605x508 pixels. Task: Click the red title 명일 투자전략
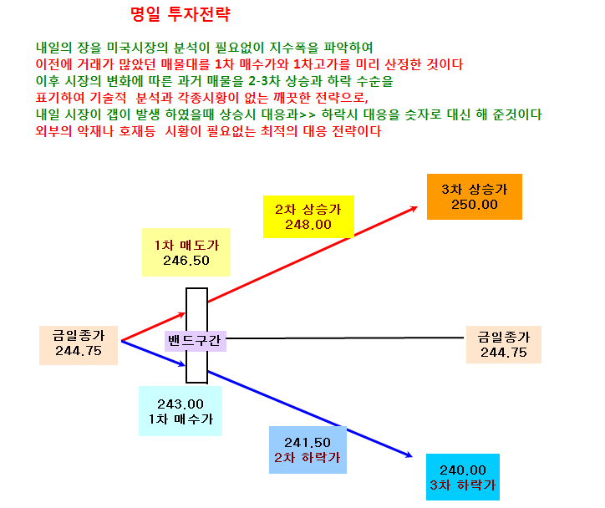pyautogui.click(x=180, y=15)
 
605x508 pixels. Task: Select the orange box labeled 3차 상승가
pyautogui.click(x=474, y=196)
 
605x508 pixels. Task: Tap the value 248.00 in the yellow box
pyautogui.click(x=308, y=225)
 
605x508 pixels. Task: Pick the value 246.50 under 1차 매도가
pyautogui.click(x=186, y=261)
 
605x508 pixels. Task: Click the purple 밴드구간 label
pyautogui.click(x=196, y=341)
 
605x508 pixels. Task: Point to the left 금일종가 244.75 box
pyautogui.click(x=79, y=345)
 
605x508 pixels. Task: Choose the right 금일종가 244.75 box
pyautogui.click(x=504, y=344)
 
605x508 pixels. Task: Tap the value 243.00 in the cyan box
pyautogui.click(x=180, y=404)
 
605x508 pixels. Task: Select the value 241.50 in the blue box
pyautogui.click(x=308, y=443)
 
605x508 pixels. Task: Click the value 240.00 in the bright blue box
pyautogui.click(x=463, y=470)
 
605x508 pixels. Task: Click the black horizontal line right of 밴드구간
pyautogui.click(x=345, y=338)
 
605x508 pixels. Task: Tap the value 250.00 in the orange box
pyautogui.click(x=475, y=205)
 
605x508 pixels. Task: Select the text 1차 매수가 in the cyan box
pyautogui.click(x=180, y=419)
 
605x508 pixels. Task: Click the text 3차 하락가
pyautogui.click(x=463, y=485)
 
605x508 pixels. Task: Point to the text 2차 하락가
pyautogui.click(x=308, y=458)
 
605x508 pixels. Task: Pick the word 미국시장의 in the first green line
pyautogui.click(x=137, y=48)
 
